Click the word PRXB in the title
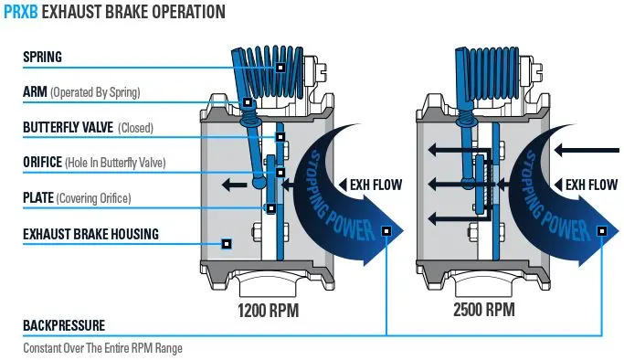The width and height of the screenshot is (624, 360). [x=21, y=12]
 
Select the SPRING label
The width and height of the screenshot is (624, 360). [x=42, y=57]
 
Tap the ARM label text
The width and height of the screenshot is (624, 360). [x=35, y=92]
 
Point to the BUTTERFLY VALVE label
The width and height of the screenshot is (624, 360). [x=68, y=127]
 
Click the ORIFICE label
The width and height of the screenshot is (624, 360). [x=42, y=163]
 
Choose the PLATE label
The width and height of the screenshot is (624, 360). [x=38, y=197]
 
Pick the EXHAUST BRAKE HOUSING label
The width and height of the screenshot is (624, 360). [x=90, y=234]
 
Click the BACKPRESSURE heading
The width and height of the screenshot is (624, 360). [x=64, y=325]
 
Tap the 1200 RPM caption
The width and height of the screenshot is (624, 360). [x=269, y=311]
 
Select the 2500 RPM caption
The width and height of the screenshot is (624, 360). [x=484, y=310]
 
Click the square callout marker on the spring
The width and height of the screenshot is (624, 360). [x=280, y=68]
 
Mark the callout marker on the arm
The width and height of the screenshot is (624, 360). [x=247, y=102]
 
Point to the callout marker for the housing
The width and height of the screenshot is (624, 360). [x=227, y=243]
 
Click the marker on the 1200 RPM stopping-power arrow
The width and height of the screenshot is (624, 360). [x=386, y=231]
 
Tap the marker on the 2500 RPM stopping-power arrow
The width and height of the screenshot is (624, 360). [x=602, y=231]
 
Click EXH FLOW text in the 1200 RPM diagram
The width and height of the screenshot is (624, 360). [x=375, y=185]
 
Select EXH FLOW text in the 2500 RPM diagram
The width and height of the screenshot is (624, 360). [x=591, y=185]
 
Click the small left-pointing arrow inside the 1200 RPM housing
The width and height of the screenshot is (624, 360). [x=234, y=185]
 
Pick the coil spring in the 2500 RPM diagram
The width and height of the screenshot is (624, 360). [x=493, y=73]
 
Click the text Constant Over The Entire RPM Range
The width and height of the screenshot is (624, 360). [x=102, y=348]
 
